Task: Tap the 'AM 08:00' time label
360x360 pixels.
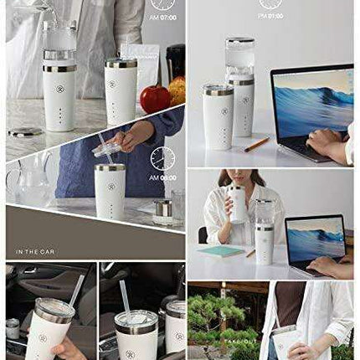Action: pyautogui.click(x=163, y=177)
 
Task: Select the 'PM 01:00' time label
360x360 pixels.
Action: pyautogui.click(x=270, y=14)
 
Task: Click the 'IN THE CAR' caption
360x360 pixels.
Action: pyautogui.click(x=33, y=251)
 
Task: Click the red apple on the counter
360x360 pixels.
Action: pyautogui.click(x=154, y=99)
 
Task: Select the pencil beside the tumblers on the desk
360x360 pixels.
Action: pyautogui.click(x=256, y=144)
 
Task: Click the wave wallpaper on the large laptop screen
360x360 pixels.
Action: pyautogui.click(x=312, y=100)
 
